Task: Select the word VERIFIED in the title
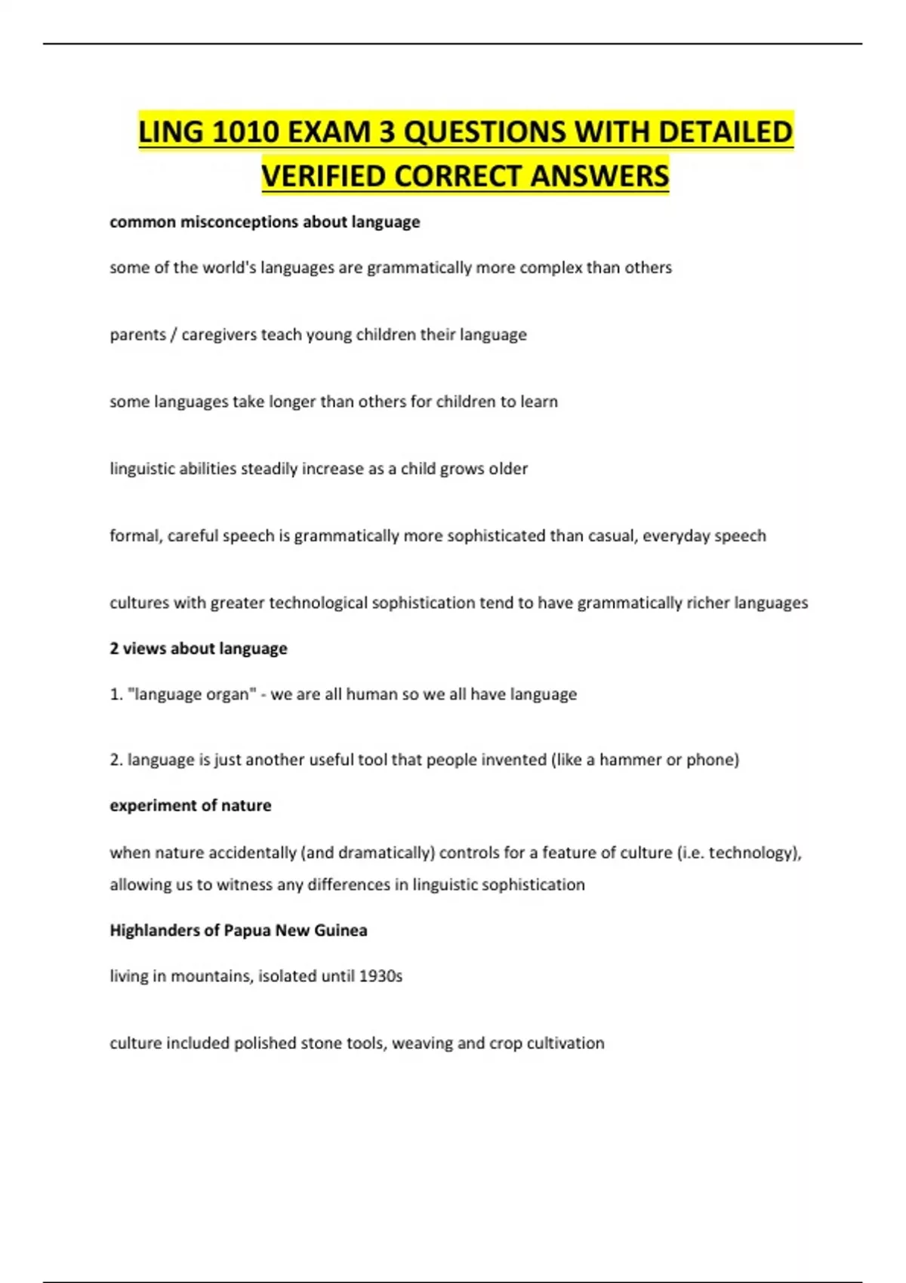(x=323, y=176)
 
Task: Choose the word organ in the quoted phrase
(x=226, y=694)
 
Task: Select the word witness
(x=245, y=885)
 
